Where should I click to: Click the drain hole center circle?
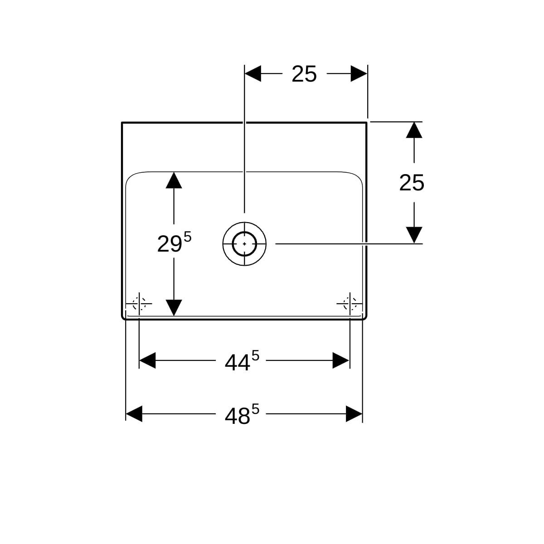pyautogui.click(x=244, y=244)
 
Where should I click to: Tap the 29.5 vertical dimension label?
pyautogui.click(x=174, y=243)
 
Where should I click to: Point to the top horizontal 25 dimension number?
pyautogui.click(x=304, y=74)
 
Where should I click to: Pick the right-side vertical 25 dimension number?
pyautogui.click(x=412, y=183)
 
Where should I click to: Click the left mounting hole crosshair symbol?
pyautogui.click(x=139, y=303)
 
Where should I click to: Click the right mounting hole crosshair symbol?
pyautogui.click(x=350, y=303)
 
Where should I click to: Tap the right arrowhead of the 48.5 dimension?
pyautogui.click(x=354, y=414)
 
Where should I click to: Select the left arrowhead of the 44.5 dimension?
pyautogui.click(x=147, y=360)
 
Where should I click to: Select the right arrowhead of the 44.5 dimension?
pyautogui.click(x=341, y=360)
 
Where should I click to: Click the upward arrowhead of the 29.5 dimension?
pyautogui.click(x=174, y=180)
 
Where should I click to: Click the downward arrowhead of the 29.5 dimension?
pyautogui.click(x=174, y=308)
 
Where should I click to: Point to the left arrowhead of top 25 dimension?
pyautogui.click(x=253, y=73)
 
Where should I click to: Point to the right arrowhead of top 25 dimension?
pyautogui.click(x=359, y=73)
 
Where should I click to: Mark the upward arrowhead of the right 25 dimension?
pyautogui.click(x=414, y=130)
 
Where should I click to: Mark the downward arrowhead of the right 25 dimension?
pyautogui.click(x=414, y=235)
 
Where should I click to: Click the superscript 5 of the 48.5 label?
pyautogui.click(x=255, y=409)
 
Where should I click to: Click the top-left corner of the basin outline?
pyautogui.click(x=122, y=123)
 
